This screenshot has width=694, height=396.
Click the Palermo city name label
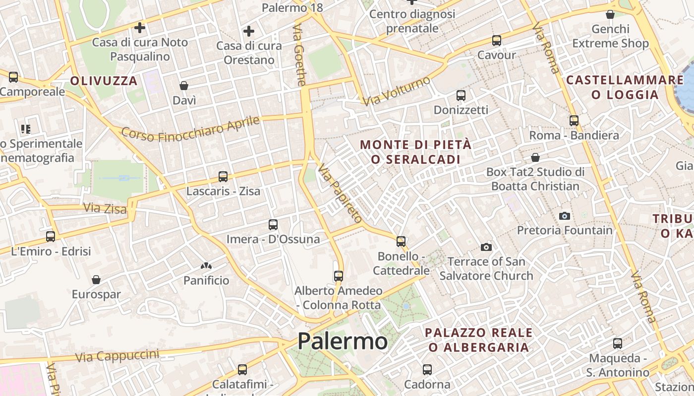(342, 341)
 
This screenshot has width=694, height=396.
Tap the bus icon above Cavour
(497, 41)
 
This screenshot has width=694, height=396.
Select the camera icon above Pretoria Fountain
(564, 216)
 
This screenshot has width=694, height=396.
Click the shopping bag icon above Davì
(184, 86)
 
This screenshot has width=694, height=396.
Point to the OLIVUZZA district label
(104, 81)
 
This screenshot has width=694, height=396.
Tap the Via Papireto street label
(340, 194)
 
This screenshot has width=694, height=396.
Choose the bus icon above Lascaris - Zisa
(223, 177)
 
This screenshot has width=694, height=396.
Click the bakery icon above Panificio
(206, 266)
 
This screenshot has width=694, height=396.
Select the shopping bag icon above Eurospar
(96, 280)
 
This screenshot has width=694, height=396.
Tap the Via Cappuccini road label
(117, 355)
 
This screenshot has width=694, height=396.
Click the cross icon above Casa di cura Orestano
(249, 32)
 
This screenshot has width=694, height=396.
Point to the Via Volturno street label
(397, 91)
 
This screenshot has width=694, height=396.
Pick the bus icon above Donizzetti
(461, 96)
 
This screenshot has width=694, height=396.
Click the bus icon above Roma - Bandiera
(574, 121)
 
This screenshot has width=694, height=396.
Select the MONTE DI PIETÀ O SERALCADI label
(415, 152)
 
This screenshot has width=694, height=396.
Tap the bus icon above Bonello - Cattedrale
(401, 242)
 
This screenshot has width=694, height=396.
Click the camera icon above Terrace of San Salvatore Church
(486, 247)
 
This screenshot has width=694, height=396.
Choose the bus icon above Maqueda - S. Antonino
(618, 344)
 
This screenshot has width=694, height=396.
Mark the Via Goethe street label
(300, 54)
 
